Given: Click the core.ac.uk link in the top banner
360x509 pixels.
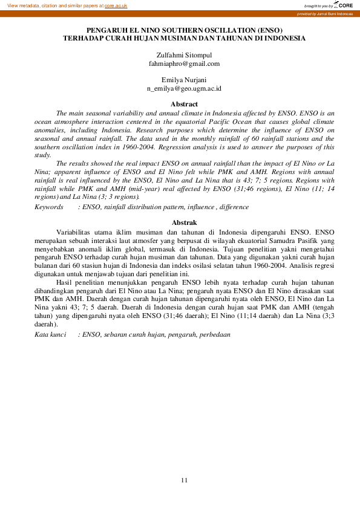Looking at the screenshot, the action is pyautogui.click(x=116, y=5).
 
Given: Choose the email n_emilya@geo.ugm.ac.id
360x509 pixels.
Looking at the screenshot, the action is pyautogui.click(x=184, y=88).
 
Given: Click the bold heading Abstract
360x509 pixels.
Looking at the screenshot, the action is pyautogui.click(x=185, y=104).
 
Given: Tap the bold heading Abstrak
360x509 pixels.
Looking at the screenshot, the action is pyautogui.click(x=185, y=223).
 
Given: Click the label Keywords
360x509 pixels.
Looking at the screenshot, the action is pyautogui.click(x=48, y=207).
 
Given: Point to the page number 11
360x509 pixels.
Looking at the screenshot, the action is pyautogui.click(x=185, y=480).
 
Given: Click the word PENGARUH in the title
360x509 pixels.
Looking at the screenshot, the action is pyautogui.click(x=106, y=30).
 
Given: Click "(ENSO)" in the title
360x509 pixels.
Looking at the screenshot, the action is pyautogui.click(x=268, y=30).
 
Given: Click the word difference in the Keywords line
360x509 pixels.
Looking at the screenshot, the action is pyautogui.click(x=234, y=207).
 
